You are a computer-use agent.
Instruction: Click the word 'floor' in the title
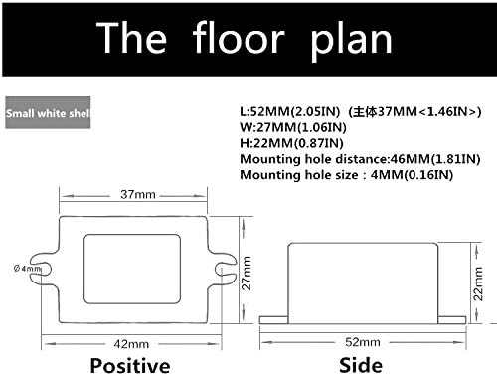pyautogui.click(x=239, y=37)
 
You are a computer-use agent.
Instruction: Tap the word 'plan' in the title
pyautogui.click(x=351, y=41)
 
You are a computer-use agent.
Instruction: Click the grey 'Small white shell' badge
pyautogui.click(x=48, y=112)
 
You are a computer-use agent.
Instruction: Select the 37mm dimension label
pyautogui.click(x=138, y=194)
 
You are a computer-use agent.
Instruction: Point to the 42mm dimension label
pyautogui.click(x=131, y=344)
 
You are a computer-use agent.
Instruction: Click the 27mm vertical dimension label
pyautogui.click(x=246, y=274)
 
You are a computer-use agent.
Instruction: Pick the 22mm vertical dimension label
pyautogui.click(x=478, y=283)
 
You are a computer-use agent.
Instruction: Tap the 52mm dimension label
pyautogui.click(x=363, y=342)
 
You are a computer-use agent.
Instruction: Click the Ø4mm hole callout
pyautogui.click(x=27, y=268)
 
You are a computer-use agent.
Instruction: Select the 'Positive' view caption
pyautogui.click(x=130, y=366)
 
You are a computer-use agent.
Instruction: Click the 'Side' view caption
pyautogui.click(x=361, y=365)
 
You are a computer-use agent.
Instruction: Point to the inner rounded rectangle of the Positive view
pyautogui.click(x=132, y=235)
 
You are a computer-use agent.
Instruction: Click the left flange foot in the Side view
pyautogui.click(x=273, y=320)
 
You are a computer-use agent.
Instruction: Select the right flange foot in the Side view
pyautogui.click(x=452, y=320)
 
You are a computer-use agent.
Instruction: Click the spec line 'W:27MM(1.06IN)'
pyautogui.click(x=293, y=127)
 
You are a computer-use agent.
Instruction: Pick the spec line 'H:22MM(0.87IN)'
pyautogui.click(x=291, y=143)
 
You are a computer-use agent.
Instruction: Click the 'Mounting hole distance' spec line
pyautogui.click(x=360, y=159)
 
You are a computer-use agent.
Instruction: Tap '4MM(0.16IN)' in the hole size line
pyautogui.click(x=412, y=175)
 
